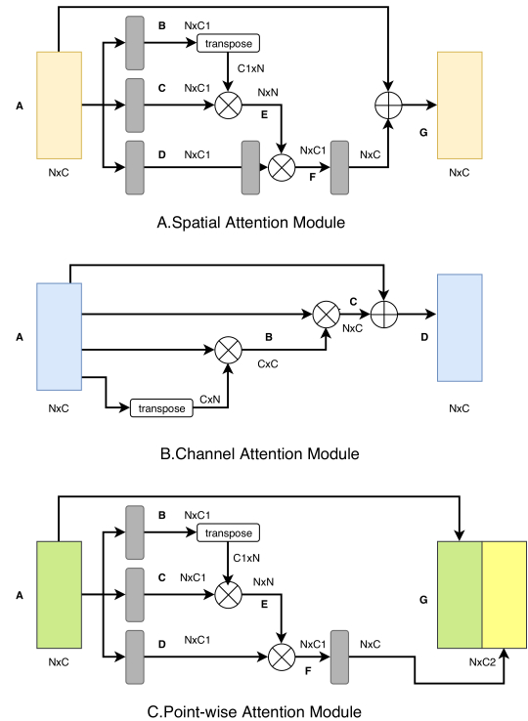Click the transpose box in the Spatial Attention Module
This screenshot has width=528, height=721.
[x=229, y=43]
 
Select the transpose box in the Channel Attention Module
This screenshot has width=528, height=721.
[x=161, y=408]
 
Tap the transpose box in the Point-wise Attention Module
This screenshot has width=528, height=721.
[x=229, y=532]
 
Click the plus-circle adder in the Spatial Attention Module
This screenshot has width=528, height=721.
[x=388, y=105]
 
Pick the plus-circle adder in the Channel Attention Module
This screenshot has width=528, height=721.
[x=384, y=315]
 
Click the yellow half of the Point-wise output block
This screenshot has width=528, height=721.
[x=505, y=595]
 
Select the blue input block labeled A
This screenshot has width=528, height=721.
[x=60, y=337]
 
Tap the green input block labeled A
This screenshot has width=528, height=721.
[x=60, y=595]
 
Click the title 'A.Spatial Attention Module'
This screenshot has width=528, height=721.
[x=251, y=223]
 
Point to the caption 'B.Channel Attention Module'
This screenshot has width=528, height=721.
[x=260, y=454]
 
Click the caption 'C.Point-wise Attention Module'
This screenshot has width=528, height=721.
[x=254, y=712]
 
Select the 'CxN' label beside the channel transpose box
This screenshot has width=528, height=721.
[x=210, y=400]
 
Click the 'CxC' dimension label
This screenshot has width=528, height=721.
[x=268, y=364]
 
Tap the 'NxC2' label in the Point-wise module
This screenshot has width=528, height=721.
[x=482, y=662]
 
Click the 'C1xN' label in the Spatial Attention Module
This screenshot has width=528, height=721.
[x=251, y=68]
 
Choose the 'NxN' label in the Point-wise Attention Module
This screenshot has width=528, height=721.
[x=263, y=582]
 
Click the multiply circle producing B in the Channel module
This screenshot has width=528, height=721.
[x=229, y=350]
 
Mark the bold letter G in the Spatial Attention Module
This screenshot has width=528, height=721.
[x=423, y=133]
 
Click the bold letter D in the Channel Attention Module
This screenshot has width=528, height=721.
[x=424, y=337]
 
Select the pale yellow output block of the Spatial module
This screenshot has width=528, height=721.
[x=460, y=106]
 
